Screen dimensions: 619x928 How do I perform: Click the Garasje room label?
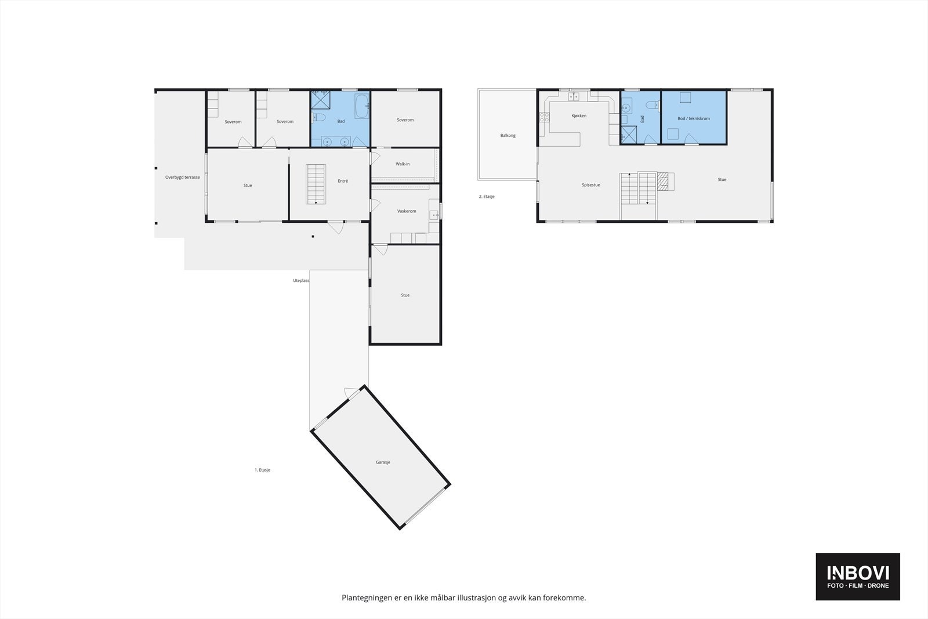point(383,462)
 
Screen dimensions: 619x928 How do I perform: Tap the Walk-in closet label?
point(403,164)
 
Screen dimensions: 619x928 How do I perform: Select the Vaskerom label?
point(407,211)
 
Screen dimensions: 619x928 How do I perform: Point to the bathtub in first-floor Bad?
point(362,106)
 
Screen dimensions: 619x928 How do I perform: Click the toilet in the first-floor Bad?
point(318,118)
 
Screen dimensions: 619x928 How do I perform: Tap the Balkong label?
point(507,136)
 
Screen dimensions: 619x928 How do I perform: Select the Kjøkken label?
point(578,116)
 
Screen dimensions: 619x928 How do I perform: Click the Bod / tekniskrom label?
point(693,119)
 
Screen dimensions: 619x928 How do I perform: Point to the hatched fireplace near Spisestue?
point(663,182)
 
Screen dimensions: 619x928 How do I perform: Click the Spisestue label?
point(590,185)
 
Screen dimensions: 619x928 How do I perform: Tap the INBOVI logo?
point(857,576)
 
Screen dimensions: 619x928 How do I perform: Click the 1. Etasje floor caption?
point(262,470)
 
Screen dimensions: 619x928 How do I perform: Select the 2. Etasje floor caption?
point(486,197)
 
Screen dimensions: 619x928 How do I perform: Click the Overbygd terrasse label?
point(182,178)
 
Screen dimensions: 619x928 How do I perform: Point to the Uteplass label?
point(300,281)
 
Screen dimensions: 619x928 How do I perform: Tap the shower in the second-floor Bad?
point(628,135)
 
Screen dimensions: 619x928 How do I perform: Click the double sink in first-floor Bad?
point(336,141)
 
